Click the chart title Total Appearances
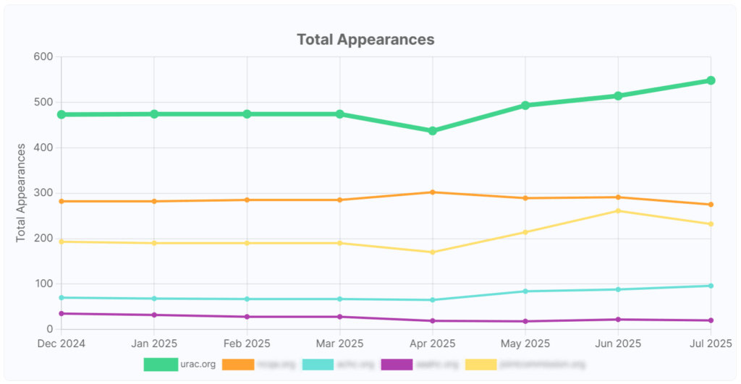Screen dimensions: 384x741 pyautogui.click(x=365, y=39)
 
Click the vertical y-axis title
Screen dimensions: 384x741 pyautogui.click(x=22, y=192)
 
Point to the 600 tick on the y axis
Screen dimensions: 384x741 pyautogui.click(x=43, y=57)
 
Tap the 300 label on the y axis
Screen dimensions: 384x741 pyautogui.click(x=43, y=193)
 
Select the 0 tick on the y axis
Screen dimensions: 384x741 pyautogui.click(x=49, y=329)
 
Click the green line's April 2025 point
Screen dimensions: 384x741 pyautogui.click(x=433, y=131)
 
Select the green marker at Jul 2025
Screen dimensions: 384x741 pyautogui.click(x=711, y=80)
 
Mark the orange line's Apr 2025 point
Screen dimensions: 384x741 pyautogui.click(x=433, y=192)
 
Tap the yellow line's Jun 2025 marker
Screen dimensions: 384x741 pyautogui.click(x=618, y=211)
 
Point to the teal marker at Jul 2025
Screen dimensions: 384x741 pyautogui.click(x=711, y=286)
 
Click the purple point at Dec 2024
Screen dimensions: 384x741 pyautogui.click(x=62, y=313)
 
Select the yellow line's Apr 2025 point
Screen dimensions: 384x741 pyautogui.click(x=433, y=252)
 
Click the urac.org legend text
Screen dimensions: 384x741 pyautogui.click(x=198, y=364)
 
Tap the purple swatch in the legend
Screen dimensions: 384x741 pyautogui.click(x=397, y=364)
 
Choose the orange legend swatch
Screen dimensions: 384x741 pyautogui.click(x=238, y=364)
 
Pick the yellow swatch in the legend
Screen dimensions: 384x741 pyautogui.click(x=481, y=364)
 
